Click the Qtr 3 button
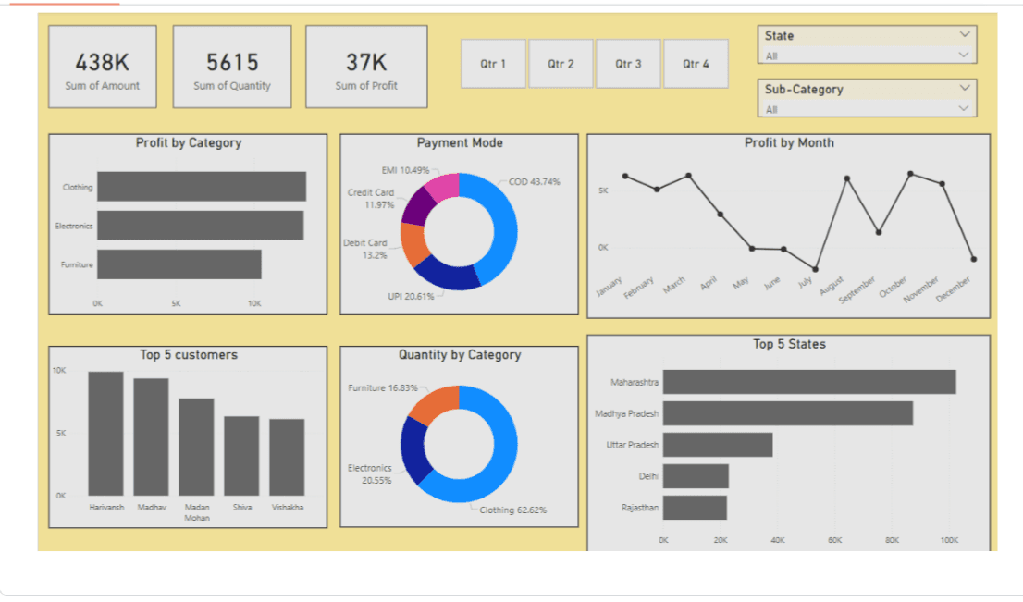628,64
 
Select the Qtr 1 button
493,64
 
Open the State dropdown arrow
965,35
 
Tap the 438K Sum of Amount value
102,63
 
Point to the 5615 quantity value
232,63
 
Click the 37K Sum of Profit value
366,63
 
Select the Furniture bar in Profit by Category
179,264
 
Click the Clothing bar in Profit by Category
201,187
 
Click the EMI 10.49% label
405,170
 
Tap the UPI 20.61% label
411,296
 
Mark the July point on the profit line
815,269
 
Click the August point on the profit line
846,178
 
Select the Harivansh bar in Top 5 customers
105,433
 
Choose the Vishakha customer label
287,507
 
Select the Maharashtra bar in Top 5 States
808,382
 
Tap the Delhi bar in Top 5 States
696,476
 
